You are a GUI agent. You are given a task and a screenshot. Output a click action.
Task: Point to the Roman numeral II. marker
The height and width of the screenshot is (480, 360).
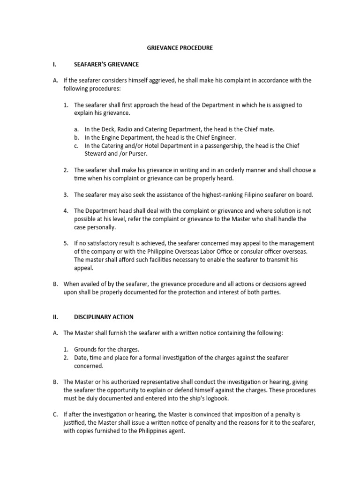(55, 317)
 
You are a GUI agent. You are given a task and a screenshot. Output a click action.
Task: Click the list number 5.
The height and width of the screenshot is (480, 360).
(66, 244)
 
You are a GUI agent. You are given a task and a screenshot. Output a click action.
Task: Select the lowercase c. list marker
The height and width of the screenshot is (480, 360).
(76, 145)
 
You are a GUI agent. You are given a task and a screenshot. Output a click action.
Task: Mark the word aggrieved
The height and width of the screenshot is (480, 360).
(159, 81)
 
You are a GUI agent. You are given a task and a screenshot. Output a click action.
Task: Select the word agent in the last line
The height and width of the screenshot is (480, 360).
(177, 431)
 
